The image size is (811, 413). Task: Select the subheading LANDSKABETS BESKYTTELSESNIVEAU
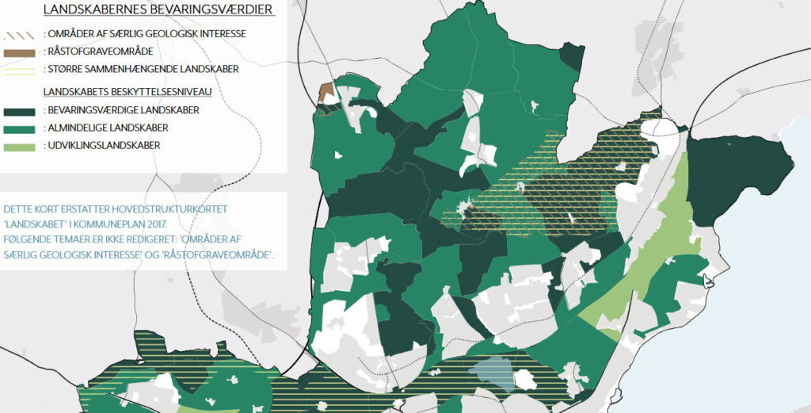131,91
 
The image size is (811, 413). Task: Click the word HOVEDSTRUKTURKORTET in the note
172,208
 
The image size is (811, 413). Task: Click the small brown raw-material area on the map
326,94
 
